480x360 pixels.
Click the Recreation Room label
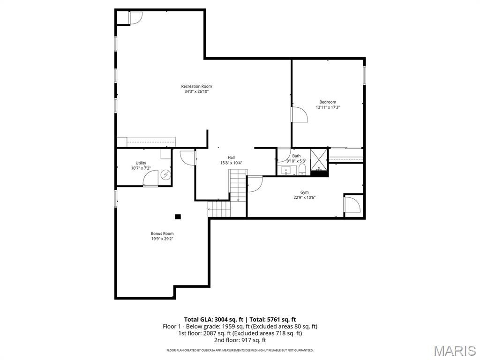196,86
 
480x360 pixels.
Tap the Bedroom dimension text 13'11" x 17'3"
328,107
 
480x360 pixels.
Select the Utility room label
141,163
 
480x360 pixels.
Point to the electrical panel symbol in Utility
165,175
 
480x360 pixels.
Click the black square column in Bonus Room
178,217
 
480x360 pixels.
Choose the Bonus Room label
162,233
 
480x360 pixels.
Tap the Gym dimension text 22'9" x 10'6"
305,197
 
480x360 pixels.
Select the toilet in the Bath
303,169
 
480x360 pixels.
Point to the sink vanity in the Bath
286,170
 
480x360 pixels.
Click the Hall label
231,157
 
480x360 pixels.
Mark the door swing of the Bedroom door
299,114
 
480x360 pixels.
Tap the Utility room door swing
151,179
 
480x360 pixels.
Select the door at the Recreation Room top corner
135,18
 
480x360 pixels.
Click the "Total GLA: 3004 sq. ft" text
211,319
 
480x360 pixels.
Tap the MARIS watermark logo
455,351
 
